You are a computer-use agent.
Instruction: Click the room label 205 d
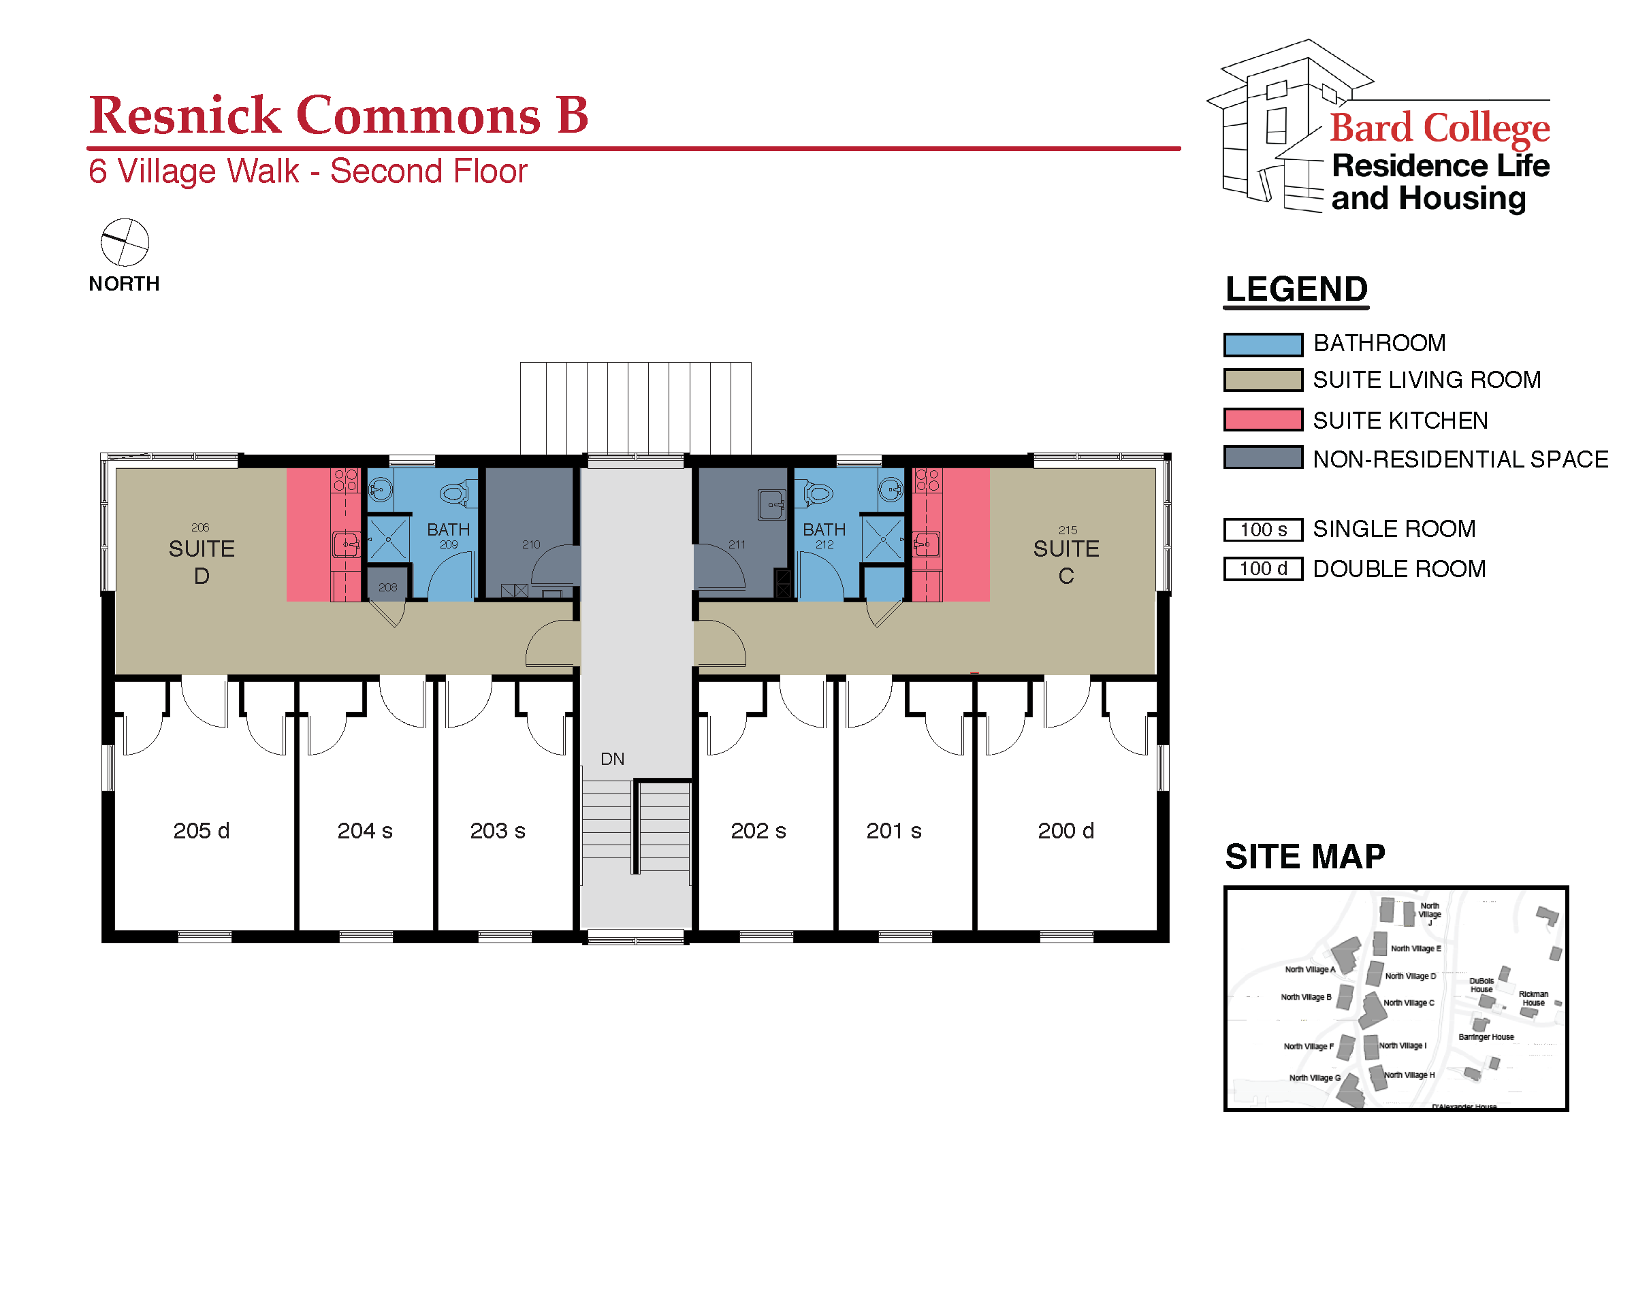tap(201, 830)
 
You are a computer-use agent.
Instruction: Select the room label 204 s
tap(364, 830)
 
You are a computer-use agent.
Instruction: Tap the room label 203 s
tap(497, 830)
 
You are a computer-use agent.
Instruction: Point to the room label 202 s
tap(757, 830)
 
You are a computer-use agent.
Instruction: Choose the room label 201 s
tap(893, 830)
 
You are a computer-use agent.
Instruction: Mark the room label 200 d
tap(1065, 830)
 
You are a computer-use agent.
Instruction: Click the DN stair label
tap(612, 759)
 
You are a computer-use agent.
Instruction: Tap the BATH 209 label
tap(447, 534)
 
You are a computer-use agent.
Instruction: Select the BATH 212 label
tap(823, 534)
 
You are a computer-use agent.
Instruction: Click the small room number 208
tap(387, 587)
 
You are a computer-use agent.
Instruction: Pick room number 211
tap(736, 544)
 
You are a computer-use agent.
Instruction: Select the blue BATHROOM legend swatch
tap(1262, 344)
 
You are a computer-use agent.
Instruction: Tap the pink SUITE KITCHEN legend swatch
tap(1262, 419)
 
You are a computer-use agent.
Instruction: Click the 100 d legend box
tap(1262, 568)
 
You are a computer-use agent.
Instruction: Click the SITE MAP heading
tap(1304, 856)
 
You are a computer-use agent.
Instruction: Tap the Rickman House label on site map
tap(1533, 998)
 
